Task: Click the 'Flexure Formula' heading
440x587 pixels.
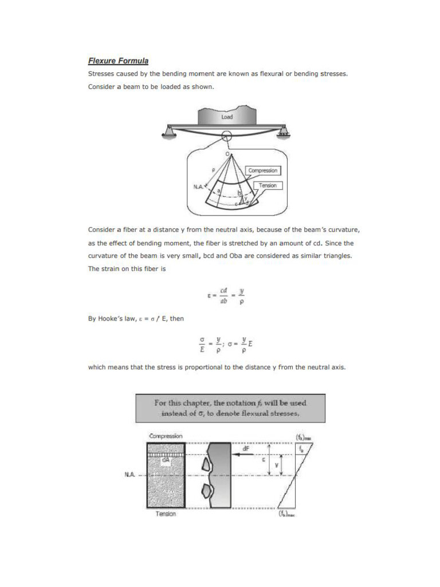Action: [118, 60]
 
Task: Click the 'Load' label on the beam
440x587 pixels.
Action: [227, 117]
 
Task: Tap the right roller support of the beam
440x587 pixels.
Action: [282, 134]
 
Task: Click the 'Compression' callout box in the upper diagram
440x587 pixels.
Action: [262, 170]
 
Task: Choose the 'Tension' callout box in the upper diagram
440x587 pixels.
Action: [268, 185]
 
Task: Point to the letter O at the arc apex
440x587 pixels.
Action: [227, 154]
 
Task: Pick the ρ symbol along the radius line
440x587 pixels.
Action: [213, 170]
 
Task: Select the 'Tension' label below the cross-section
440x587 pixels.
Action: [166, 514]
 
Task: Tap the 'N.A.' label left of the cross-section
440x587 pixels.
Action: [129, 475]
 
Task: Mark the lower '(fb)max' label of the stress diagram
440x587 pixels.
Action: [286, 514]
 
